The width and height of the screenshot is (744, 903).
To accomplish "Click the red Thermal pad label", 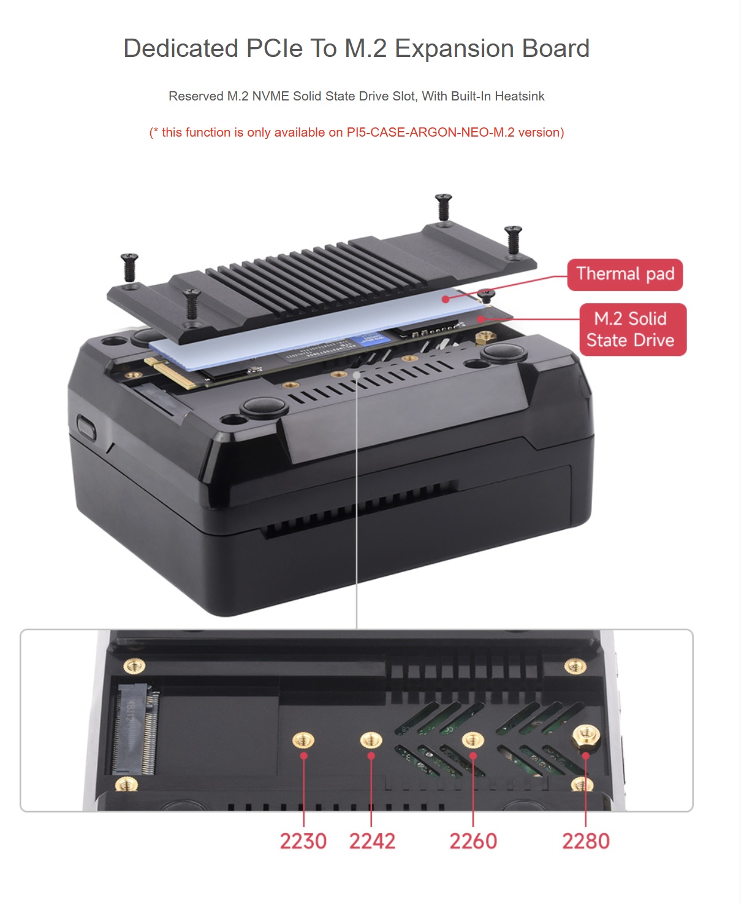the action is (624, 274).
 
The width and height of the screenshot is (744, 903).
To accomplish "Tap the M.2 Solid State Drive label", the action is (633, 330).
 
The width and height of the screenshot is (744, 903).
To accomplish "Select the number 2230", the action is (303, 841).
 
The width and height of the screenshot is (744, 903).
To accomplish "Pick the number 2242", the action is (372, 841).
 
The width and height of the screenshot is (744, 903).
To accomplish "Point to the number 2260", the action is (473, 841).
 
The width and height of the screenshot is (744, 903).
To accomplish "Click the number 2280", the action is (586, 841).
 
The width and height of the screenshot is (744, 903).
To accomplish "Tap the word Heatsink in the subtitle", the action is (520, 96).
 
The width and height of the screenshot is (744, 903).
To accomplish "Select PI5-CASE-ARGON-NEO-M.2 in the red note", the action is (430, 132).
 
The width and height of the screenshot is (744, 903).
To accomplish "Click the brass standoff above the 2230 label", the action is (303, 739).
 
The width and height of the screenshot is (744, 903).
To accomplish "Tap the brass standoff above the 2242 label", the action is (371, 739).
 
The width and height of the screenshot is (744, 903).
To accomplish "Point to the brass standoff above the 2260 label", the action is (473, 739).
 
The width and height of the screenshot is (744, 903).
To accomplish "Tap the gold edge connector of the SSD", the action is (171, 372).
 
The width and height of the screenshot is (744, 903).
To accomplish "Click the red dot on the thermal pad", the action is (446, 299).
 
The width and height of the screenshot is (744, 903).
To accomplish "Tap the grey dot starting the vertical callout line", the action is (357, 375).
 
